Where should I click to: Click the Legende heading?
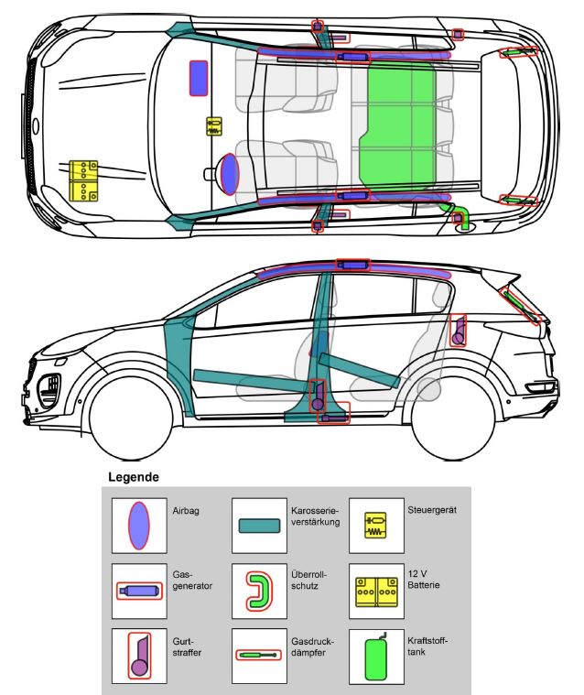(x=134, y=477)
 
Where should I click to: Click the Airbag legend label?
(x=186, y=511)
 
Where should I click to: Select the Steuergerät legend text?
(x=432, y=510)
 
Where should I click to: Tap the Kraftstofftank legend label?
(x=427, y=646)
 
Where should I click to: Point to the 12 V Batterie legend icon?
(x=376, y=592)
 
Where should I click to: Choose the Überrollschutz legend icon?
(x=259, y=591)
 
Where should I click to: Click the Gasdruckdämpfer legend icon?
(x=258, y=654)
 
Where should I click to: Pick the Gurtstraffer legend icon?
(x=139, y=656)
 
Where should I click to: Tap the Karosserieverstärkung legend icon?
(x=259, y=526)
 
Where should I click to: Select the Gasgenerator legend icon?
(x=139, y=591)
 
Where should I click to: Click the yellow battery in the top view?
(x=83, y=180)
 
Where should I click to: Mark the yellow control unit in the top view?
(x=214, y=126)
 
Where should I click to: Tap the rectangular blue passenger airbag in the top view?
(x=199, y=78)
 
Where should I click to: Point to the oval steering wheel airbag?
(x=230, y=174)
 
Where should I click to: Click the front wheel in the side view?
(x=131, y=418)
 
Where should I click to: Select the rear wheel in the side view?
(x=453, y=418)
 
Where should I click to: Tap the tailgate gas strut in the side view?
(x=520, y=306)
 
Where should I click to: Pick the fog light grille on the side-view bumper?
(x=49, y=390)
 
